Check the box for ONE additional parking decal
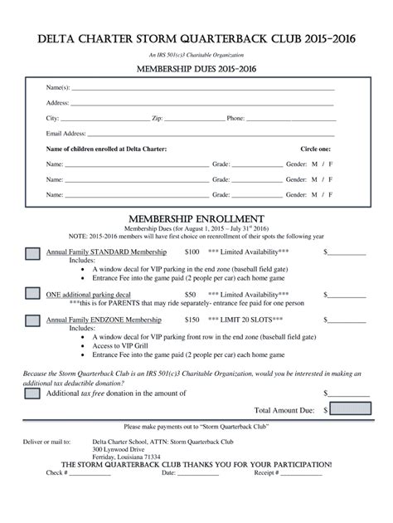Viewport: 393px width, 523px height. pyautogui.click(x=32, y=294)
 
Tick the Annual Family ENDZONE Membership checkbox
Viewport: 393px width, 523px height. pyautogui.click(x=32, y=320)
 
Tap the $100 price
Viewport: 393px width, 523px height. pyautogui.click(x=192, y=251)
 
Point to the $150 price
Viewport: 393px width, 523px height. pyautogui.click(x=192, y=319)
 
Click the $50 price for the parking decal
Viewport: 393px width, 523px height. pyautogui.click(x=191, y=294)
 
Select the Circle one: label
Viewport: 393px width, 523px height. pyautogui.click(x=315, y=149)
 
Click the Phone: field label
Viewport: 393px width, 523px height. pyautogui.click(x=235, y=118)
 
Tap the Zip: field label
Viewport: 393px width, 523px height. pyautogui.click(x=158, y=118)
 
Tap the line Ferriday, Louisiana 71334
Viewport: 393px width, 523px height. pyautogui.click(x=127, y=457)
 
